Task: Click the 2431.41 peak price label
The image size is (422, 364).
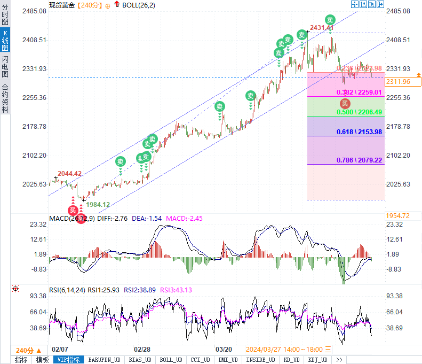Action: pyautogui.click(x=322, y=28)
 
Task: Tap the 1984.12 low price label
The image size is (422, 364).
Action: pyautogui.click(x=98, y=204)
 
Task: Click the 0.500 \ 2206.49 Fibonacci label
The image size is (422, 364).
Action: pyautogui.click(x=360, y=112)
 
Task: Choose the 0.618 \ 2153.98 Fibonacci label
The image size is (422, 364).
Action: pyautogui.click(x=360, y=132)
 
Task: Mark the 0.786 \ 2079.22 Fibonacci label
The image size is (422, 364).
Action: pyautogui.click(x=360, y=160)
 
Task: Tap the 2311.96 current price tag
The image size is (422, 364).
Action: pyautogui.click(x=398, y=82)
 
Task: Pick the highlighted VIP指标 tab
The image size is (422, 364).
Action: pyautogui.click(x=68, y=360)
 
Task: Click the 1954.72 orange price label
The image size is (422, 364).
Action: pyautogui.click(x=398, y=215)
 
